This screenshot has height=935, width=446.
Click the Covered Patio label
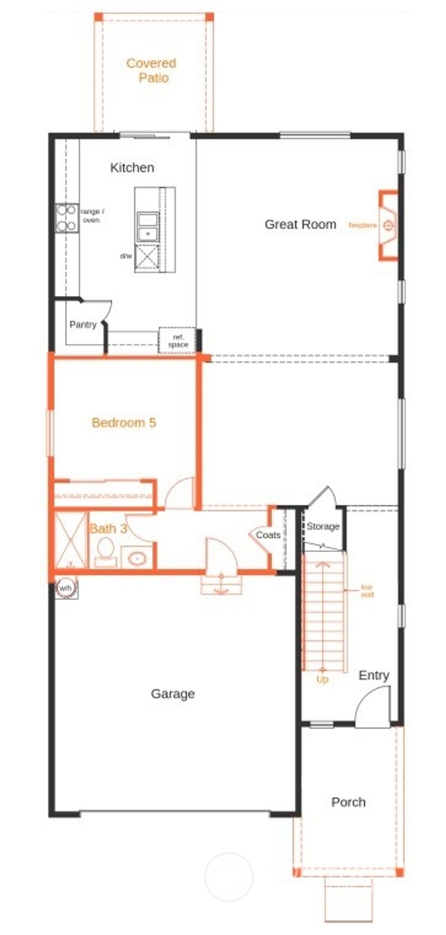(x=151, y=70)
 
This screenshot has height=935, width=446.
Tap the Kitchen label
(x=132, y=167)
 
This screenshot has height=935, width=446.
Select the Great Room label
(x=300, y=224)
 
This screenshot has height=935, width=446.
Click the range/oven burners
(x=66, y=218)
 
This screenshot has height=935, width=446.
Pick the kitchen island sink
(x=148, y=226)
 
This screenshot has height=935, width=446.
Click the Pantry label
(x=83, y=324)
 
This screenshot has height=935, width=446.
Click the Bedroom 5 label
(x=124, y=422)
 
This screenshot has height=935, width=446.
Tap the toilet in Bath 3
(x=105, y=551)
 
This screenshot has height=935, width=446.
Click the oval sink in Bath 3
(x=138, y=557)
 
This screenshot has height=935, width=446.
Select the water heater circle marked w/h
(x=66, y=588)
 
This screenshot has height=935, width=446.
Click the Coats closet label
(x=267, y=535)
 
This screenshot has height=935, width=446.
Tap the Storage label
(x=323, y=527)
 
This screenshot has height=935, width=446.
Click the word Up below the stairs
(x=322, y=679)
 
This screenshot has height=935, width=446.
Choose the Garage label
(x=172, y=693)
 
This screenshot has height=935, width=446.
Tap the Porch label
(x=348, y=802)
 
